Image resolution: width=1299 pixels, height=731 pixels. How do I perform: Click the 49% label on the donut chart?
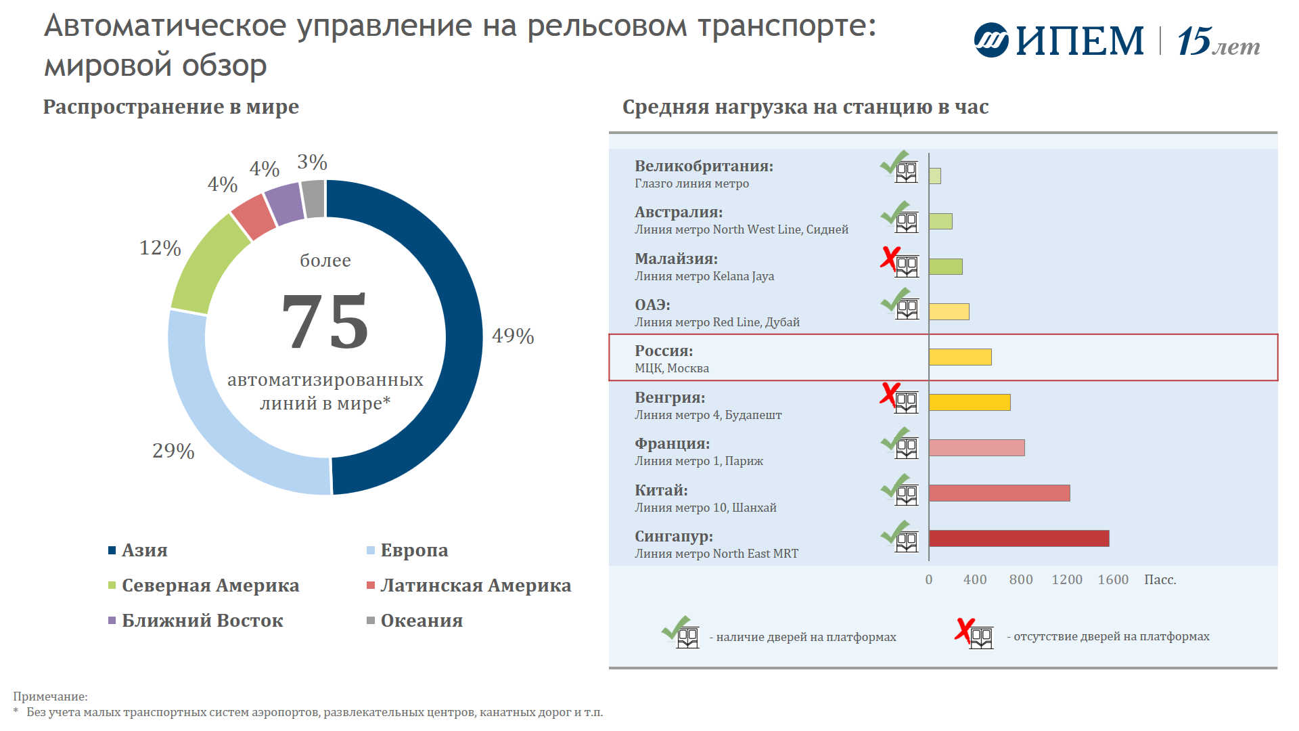click(513, 336)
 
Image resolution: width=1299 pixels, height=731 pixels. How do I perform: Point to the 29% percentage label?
click(173, 451)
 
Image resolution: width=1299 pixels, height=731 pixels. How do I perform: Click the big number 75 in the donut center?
click(325, 322)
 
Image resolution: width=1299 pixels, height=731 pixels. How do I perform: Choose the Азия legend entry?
click(144, 550)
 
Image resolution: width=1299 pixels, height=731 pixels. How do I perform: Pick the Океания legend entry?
click(421, 621)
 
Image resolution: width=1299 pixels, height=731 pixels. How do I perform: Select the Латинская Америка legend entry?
click(475, 585)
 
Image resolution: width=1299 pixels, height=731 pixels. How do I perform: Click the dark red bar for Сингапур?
click(1019, 538)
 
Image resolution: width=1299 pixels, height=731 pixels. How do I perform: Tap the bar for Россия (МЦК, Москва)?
click(960, 357)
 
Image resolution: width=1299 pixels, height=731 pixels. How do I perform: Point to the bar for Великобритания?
click(935, 176)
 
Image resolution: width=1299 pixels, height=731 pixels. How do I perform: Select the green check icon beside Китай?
click(895, 485)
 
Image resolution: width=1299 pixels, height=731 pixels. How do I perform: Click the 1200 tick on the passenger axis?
click(1067, 579)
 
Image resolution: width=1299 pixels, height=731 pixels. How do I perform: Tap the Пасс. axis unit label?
click(1160, 579)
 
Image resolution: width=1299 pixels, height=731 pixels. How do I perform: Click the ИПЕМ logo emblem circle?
click(991, 41)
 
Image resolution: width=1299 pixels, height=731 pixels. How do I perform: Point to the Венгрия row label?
click(670, 398)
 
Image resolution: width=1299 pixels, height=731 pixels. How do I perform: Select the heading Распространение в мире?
click(170, 107)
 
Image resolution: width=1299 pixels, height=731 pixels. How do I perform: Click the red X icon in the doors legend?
click(965, 629)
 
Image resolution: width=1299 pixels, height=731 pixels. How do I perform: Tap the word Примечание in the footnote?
click(50, 696)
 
